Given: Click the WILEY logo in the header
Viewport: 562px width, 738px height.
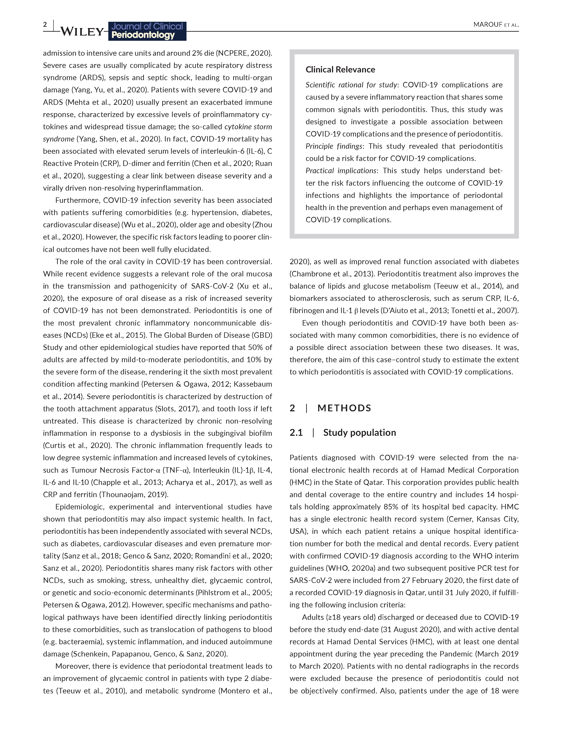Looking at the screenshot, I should [x=82, y=31].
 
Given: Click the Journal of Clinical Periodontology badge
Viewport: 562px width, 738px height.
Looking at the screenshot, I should [x=147, y=31].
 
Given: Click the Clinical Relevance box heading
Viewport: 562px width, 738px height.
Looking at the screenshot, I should [x=340, y=69].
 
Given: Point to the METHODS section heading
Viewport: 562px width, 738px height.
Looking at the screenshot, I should [x=344, y=408].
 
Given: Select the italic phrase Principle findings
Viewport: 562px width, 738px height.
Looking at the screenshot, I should [x=334, y=146].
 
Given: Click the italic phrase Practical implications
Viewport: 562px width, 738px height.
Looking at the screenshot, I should [x=341, y=171].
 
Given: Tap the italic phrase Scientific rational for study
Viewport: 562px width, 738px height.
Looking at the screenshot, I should [x=351, y=85].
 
